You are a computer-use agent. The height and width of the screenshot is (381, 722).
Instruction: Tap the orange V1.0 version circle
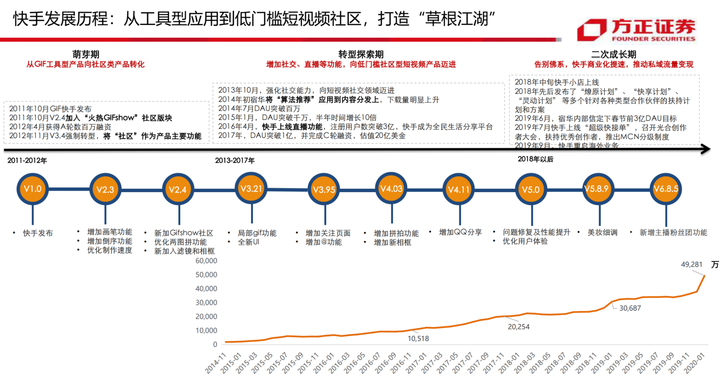[x=33, y=189]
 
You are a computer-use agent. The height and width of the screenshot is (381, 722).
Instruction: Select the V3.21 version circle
[x=251, y=188]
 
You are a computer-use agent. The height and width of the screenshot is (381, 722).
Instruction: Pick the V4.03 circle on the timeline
[x=391, y=189]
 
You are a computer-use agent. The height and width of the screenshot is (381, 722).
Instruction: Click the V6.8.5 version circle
[x=666, y=189]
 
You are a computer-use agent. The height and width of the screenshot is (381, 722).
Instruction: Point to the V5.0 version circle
[x=531, y=190]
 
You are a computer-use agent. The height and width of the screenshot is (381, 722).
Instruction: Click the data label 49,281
[x=691, y=265]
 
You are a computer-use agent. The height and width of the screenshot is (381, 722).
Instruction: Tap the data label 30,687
[x=630, y=308]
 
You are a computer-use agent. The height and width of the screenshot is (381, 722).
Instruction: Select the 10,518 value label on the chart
[x=418, y=339]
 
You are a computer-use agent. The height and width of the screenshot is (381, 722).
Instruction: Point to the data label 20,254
[x=518, y=327]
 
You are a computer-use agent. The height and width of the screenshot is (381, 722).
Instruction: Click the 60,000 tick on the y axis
[x=206, y=261]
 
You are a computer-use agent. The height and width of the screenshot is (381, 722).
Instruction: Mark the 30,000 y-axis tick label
[x=206, y=303]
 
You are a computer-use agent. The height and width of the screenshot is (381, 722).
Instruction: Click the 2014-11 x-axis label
[x=216, y=363]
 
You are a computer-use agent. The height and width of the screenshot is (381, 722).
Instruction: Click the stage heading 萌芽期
[x=86, y=54]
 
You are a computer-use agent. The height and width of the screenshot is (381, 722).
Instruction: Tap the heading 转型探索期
[x=361, y=54]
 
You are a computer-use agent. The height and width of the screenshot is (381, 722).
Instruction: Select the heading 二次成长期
[x=613, y=54]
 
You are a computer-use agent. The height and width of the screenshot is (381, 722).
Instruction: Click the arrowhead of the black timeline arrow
[x=706, y=149]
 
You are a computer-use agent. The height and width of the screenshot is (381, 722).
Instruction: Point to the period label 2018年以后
[x=535, y=159]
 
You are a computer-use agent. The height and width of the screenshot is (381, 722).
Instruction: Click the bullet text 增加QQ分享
[x=460, y=232]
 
